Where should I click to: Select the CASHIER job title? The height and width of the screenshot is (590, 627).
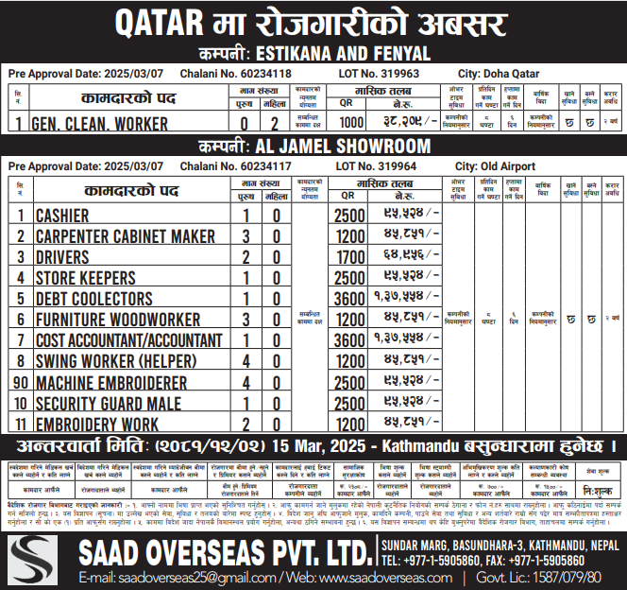click(x=62, y=216)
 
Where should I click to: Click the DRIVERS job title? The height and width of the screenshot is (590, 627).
click(x=62, y=257)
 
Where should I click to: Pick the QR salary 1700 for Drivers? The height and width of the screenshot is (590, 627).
click(x=350, y=257)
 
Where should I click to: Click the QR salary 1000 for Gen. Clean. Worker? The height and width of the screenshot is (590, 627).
click(x=350, y=123)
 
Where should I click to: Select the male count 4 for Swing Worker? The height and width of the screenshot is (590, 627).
click(x=246, y=361)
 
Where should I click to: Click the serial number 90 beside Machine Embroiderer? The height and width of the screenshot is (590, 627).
click(x=20, y=382)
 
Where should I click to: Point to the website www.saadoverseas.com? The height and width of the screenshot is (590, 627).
click(x=349, y=577)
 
